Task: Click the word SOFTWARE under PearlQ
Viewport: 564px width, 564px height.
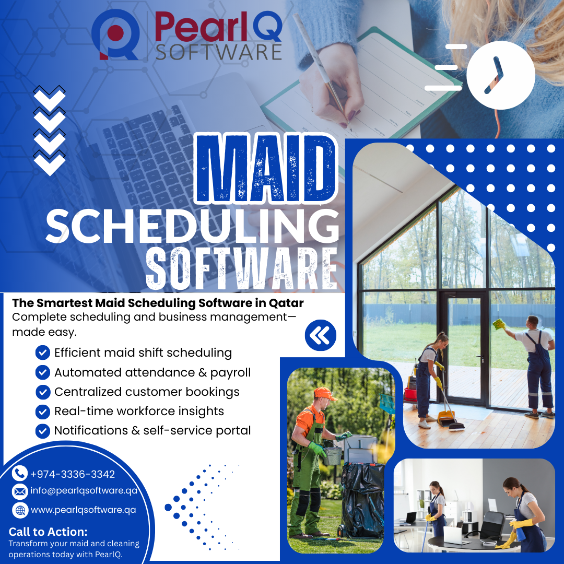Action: (219, 52)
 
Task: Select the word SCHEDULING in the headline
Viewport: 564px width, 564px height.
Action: (192, 227)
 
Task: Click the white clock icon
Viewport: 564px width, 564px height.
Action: (500, 75)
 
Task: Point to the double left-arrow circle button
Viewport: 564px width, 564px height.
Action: (321, 335)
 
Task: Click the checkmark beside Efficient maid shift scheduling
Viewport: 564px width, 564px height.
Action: (42, 353)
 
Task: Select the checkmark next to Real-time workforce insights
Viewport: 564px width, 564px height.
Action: (42, 412)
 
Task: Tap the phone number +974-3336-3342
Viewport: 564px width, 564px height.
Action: (73, 474)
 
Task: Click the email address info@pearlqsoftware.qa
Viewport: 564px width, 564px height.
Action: (84, 491)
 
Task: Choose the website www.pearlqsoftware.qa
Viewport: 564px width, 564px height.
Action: (84, 510)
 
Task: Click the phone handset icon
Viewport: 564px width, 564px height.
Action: (20, 474)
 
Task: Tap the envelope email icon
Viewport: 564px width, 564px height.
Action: (20, 491)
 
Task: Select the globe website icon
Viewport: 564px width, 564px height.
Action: (20, 510)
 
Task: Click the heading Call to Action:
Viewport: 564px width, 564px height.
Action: (48, 532)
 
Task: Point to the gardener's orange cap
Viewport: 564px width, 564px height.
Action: (324, 393)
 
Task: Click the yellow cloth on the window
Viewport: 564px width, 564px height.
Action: (500, 324)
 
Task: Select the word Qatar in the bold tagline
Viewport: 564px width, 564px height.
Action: (286, 303)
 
